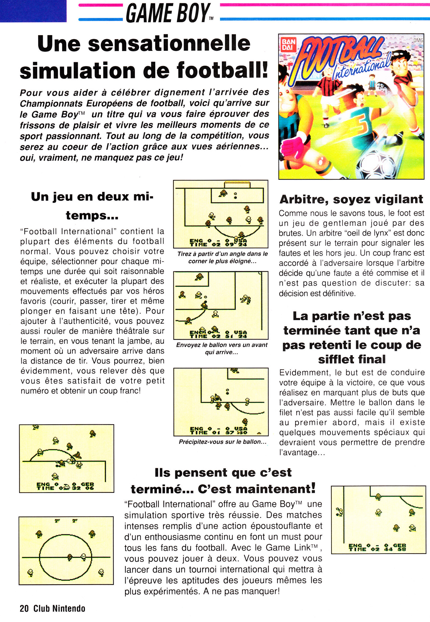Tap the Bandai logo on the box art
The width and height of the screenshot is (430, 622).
288,45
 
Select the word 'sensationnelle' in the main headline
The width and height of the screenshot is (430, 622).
169,43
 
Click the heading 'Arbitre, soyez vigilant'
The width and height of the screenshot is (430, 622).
351,199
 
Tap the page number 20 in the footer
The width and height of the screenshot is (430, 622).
24,608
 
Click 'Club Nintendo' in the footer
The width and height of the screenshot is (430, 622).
59,608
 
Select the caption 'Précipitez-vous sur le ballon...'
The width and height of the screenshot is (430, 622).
222,442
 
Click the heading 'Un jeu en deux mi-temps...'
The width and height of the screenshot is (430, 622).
92,206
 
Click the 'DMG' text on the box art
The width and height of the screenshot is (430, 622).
418,40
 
